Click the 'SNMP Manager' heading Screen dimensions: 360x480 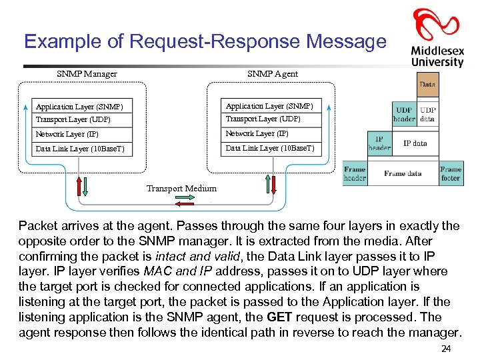click(87, 74)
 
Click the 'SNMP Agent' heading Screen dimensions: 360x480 click(272, 74)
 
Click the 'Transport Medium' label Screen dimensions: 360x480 click(181, 189)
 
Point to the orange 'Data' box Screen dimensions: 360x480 click(427, 85)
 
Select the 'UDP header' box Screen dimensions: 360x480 click(404, 114)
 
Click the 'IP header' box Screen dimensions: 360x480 click(379, 143)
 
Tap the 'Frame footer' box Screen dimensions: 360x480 click(451, 173)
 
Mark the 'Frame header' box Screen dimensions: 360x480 click(355, 173)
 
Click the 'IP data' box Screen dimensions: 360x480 click(415, 143)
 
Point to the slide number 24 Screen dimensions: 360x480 click(446, 350)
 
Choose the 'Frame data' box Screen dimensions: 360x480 click(403, 173)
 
